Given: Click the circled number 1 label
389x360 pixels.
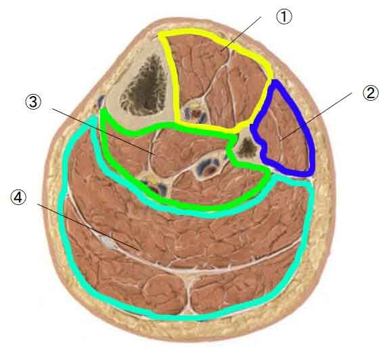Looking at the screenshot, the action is (284, 17).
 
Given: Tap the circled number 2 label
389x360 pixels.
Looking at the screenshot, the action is (371, 93).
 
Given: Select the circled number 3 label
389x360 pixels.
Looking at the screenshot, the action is (33, 102).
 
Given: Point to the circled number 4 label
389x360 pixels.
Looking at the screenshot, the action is (18, 198).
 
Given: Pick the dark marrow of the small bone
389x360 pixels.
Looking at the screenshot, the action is (247, 148).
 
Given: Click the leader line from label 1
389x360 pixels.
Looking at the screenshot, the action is (241, 34).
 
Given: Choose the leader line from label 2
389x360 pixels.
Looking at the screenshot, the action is (316, 116).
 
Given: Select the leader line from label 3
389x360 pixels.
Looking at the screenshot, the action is (104, 132).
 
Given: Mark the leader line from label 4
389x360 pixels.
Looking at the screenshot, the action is (89, 227).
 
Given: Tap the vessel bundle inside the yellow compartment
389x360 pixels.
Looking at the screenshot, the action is (195, 112).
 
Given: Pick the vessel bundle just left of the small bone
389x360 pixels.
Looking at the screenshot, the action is (209, 166).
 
